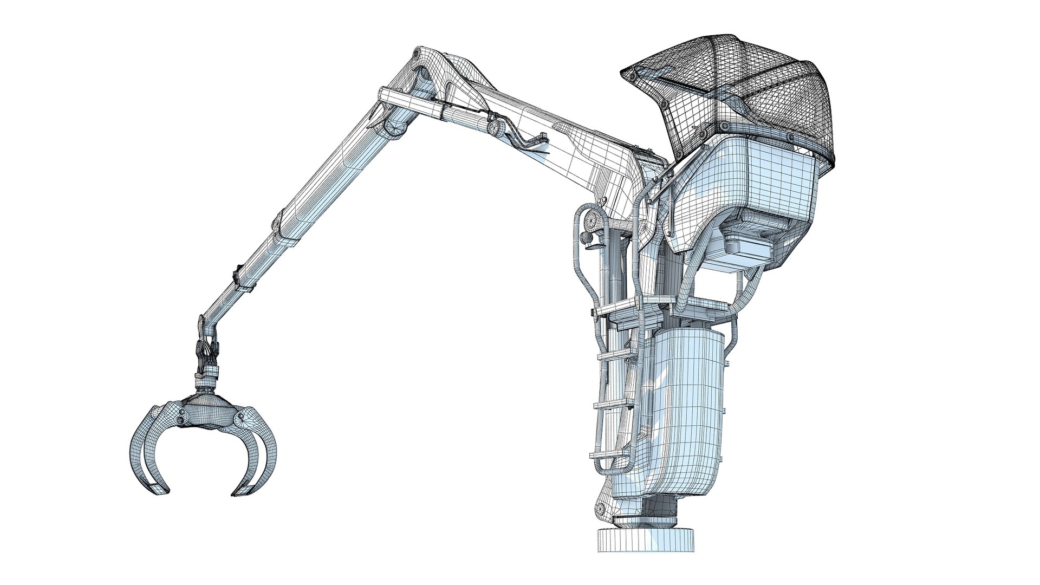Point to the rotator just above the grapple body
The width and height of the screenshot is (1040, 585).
click(206, 374)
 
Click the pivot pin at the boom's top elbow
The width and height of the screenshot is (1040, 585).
click(416, 54)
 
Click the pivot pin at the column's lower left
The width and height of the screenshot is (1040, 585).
click(600, 508)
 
